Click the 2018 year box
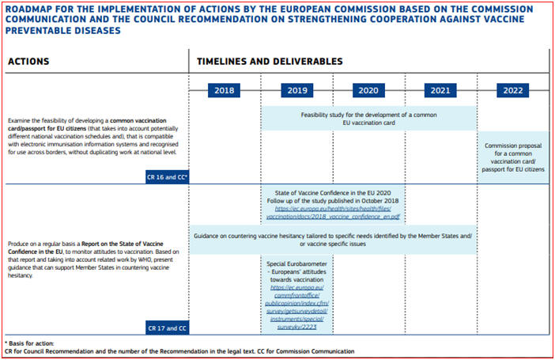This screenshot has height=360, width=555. (x=225, y=90)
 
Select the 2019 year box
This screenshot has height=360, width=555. (x=296, y=90)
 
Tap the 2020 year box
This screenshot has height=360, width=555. (x=368, y=90)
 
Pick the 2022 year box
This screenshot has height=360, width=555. (x=512, y=90)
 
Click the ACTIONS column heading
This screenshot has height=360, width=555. (x=28, y=62)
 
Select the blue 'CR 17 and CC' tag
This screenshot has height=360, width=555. (x=166, y=327)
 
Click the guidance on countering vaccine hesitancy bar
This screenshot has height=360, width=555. (x=333, y=238)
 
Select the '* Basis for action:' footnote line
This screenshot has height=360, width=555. (x=30, y=343)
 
